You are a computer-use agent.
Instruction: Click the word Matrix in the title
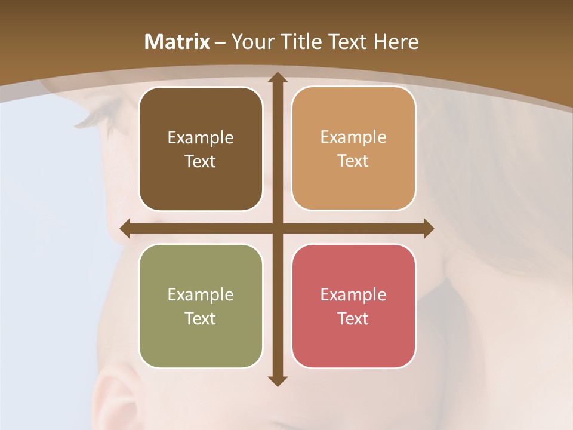(177, 42)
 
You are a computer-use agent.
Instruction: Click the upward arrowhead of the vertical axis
(277, 78)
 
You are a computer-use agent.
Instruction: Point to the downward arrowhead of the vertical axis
(277, 380)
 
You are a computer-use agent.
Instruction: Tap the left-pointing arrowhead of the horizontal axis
(125, 229)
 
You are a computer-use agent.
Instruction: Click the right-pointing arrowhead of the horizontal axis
(428, 229)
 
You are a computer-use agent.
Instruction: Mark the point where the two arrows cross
(277, 229)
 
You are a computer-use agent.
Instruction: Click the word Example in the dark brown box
(201, 138)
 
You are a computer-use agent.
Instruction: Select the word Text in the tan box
(353, 161)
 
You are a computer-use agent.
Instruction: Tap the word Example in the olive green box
(201, 295)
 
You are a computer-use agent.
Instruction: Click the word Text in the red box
(353, 318)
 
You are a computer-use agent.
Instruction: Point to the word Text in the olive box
(201, 318)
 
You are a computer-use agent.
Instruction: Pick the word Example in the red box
(353, 295)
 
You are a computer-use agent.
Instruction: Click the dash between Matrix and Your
(220, 42)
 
